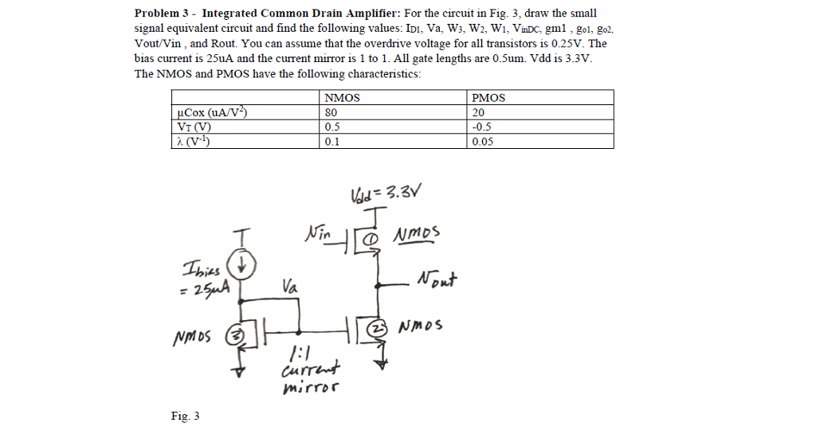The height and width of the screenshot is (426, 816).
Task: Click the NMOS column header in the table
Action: [x=342, y=98]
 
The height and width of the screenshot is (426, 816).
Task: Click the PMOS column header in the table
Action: [x=488, y=98]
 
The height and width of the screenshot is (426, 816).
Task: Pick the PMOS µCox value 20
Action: [x=478, y=112]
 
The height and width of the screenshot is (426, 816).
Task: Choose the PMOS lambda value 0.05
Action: [x=483, y=142]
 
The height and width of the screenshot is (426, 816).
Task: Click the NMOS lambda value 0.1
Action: [x=332, y=142]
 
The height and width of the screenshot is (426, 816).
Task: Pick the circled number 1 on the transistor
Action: [x=370, y=237]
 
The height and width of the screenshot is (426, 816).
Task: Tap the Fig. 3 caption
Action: [x=185, y=416]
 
